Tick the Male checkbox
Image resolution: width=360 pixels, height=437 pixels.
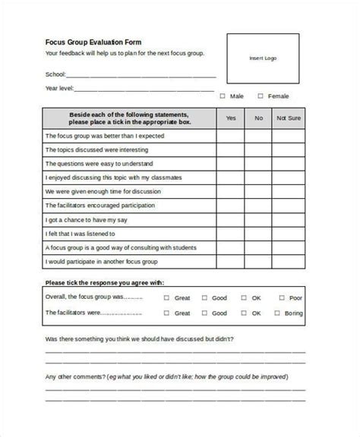pos(223,96)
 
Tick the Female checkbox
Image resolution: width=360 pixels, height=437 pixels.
pos(261,96)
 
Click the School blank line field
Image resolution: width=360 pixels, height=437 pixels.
pos(141,75)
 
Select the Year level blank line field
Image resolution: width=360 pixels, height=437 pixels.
pos(144,89)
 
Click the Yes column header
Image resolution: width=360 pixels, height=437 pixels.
pos(231,118)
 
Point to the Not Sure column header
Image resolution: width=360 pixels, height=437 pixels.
pos(288,118)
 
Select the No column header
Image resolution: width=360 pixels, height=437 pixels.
pos(258,118)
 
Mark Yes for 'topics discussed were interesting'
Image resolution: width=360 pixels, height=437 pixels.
pos(231,150)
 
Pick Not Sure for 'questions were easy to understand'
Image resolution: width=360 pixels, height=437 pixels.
pos(288,164)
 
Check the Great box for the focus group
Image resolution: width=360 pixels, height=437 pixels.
pos(166,298)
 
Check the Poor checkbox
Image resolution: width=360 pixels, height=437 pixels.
pos(279,298)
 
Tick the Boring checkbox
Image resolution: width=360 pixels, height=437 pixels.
pos(279,312)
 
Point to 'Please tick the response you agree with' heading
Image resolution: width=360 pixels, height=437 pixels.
pos(105,282)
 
